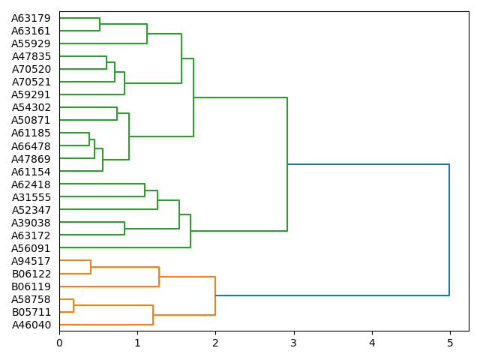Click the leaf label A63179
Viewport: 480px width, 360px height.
31,18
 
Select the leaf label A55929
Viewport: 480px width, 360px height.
31,43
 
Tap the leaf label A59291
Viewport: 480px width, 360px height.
31,94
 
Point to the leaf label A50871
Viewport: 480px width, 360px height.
31,120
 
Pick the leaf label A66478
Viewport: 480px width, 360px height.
31,145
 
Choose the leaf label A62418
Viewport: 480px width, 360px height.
31,184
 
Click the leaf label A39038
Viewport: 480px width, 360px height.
31,222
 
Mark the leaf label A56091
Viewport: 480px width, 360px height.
31,247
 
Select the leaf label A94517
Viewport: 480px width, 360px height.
31,261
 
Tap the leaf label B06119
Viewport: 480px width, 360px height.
31,286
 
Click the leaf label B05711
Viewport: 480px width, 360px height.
31,312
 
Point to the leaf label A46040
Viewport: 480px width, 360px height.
31,325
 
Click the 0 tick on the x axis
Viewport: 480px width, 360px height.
59,343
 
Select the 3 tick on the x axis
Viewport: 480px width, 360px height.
294,343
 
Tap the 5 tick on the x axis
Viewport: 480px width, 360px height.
450,343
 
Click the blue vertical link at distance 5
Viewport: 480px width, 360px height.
449,229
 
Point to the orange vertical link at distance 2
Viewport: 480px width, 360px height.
215,295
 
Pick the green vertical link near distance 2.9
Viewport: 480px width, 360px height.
287,164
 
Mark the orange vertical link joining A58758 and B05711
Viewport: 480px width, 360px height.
73,305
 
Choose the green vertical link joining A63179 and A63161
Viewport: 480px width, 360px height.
100,24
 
